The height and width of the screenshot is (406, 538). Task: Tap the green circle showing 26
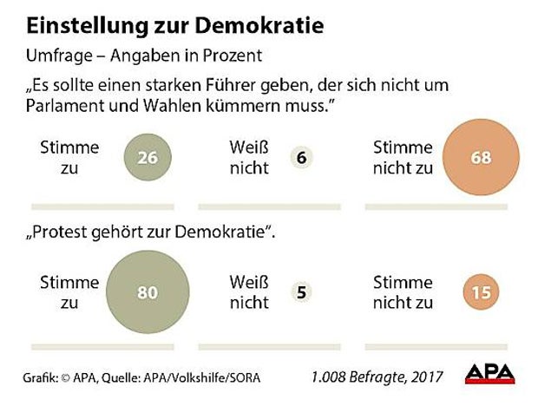147,158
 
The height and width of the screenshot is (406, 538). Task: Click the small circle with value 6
301,158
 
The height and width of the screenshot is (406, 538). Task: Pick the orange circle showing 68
481,158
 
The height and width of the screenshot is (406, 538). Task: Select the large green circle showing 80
147,292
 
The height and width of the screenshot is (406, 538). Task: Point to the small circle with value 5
301,292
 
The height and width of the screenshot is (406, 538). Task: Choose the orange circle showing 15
480,292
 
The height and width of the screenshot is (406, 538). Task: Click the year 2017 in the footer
425,376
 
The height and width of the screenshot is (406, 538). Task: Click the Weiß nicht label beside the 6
249,157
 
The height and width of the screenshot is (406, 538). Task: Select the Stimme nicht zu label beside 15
403,292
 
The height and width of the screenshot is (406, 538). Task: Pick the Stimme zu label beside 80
69,292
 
